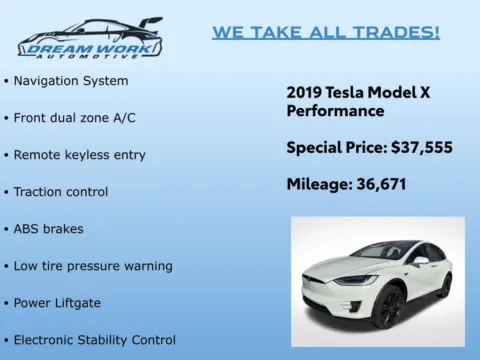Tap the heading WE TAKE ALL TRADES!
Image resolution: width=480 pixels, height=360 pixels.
pyautogui.click(x=325, y=32)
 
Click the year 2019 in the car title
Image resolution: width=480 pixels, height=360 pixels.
pyautogui.click(x=304, y=91)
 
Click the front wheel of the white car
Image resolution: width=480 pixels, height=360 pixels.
pyautogui.click(x=387, y=303)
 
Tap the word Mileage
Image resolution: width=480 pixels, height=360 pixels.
pyautogui.click(x=318, y=184)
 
